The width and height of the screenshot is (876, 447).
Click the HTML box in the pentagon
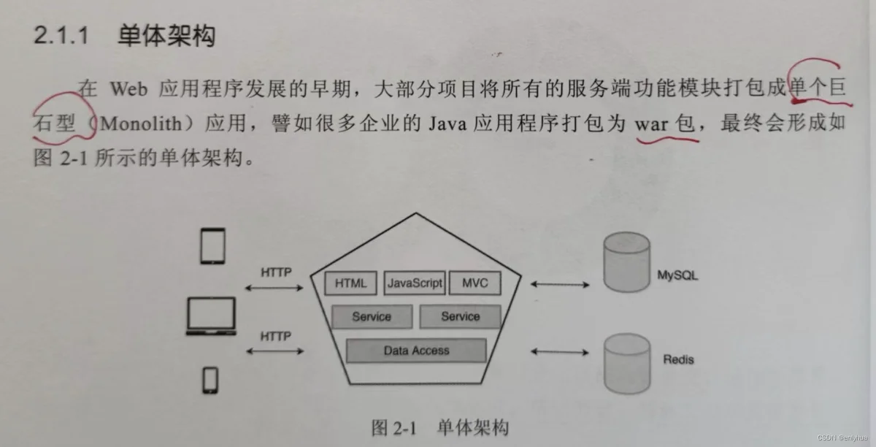click(351, 283)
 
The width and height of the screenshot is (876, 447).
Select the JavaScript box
click(415, 283)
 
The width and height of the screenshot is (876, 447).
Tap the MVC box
click(475, 283)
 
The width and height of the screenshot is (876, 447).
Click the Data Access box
click(417, 351)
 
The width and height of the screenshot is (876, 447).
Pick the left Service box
click(372, 316)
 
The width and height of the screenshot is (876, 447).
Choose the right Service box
click(461, 316)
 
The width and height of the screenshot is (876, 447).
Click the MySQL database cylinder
click(626, 262)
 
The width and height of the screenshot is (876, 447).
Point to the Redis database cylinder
click(627, 364)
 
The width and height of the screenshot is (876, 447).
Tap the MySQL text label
click(677, 275)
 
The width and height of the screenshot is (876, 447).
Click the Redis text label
click(678, 359)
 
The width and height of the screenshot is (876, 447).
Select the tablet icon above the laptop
click(212, 246)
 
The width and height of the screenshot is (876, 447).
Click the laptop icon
click(211, 316)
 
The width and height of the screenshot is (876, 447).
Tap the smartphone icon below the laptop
click(210, 380)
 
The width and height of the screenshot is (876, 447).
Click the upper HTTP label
click(276, 272)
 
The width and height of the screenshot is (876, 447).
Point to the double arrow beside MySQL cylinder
click(560, 285)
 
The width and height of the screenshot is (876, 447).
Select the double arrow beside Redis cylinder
click(560, 352)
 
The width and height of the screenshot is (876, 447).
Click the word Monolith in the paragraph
click(141, 123)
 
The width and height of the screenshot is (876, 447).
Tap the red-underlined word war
click(651, 124)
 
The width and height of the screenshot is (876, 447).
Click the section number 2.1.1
click(61, 35)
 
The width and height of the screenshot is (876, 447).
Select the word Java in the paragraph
click(447, 124)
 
